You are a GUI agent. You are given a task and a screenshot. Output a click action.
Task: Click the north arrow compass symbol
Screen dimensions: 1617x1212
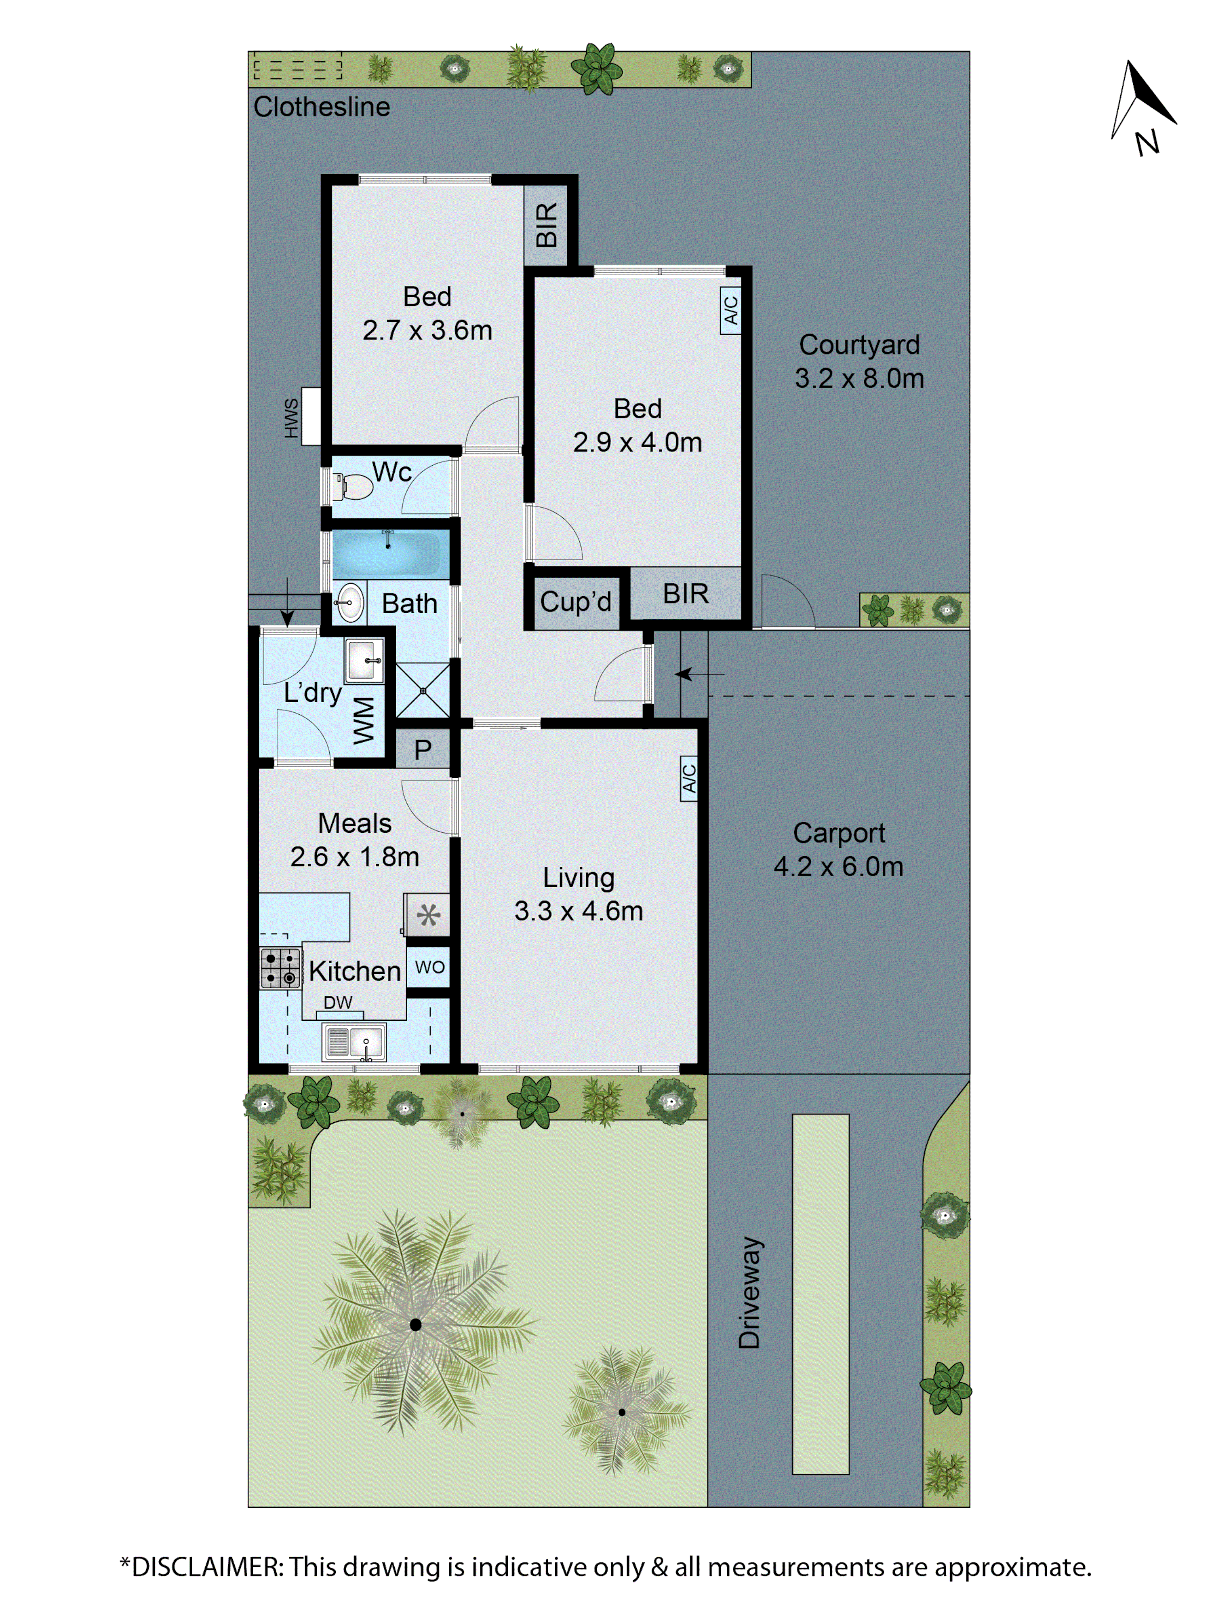(x=1141, y=102)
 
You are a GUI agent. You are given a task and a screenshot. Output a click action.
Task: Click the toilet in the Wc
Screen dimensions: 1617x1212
(x=354, y=486)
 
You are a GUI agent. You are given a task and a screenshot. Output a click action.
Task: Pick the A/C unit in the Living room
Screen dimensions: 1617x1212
(x=688, y=779)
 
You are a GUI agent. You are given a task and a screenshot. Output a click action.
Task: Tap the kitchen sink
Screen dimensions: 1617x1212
(x=354, y=1042)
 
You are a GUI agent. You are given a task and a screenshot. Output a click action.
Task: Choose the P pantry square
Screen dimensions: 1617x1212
(x=422, y=749)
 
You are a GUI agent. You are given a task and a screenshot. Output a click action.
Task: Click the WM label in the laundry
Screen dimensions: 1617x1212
(x=364, y=720)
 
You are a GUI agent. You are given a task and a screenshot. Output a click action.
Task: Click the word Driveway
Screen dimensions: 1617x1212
(x=749, y=1292)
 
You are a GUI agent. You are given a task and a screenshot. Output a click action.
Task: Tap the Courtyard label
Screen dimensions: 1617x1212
(x=859, y=345)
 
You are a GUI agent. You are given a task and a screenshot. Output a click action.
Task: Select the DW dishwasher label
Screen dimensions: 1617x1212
(x=337, y=1002)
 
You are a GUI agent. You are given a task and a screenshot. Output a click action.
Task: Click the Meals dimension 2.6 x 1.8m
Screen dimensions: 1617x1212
(x=354, y=857)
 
